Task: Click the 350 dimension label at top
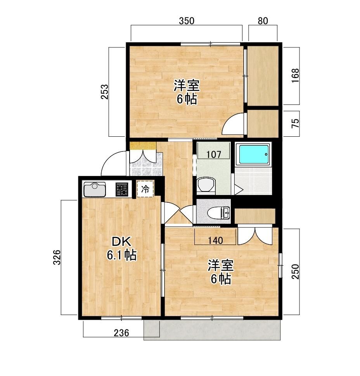click(x=187, y=21)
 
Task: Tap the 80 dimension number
click(x=263, y=21)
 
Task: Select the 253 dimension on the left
click(x=105, y=92)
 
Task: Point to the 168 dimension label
click(x=295, y=76)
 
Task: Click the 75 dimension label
click(x=295, y=124)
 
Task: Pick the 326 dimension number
click(x=57, y=257)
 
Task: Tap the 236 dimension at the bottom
click(x=121, y=333)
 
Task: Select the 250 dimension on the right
click(x=295, y=272)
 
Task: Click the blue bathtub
click(x=254, y=154)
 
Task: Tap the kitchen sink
click(x=95, y=190)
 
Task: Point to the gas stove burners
click(x=122, y=190)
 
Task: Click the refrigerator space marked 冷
click(x=145, y=189)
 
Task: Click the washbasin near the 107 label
click(x=206, y=185)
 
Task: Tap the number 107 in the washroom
click(x=214, y=155)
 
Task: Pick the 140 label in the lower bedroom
click(x=216, y=240)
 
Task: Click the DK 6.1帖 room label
click(x=122, y=249)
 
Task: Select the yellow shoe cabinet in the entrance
click(x=143, y=146)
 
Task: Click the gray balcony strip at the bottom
click(x=212, y=330)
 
